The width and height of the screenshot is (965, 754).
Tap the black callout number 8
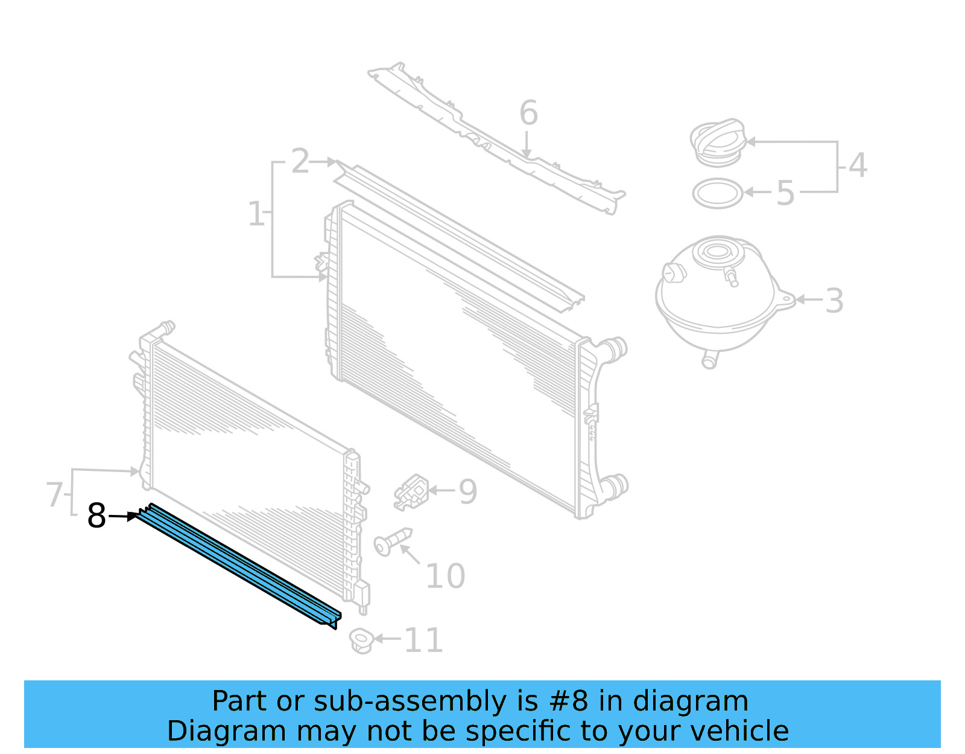[x=96, y=516]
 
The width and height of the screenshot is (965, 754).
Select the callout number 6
[x=528, y=113]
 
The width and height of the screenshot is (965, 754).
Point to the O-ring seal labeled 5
[x=717, y=194]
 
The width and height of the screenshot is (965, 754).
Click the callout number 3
[x=834, y=301]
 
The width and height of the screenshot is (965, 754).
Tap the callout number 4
[x=857, y=165]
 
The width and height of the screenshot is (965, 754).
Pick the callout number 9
[x=468, y=492]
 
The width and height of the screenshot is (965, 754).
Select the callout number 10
[x=445, y=577]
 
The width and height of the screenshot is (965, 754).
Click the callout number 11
[x=423, y=641]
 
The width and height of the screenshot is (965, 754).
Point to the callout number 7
[x=54, y=494]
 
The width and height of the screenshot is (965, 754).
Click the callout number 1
[x=256, y=214]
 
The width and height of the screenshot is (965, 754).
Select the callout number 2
[x=300, y=162]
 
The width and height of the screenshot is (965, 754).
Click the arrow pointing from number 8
[x=124, y=516]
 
